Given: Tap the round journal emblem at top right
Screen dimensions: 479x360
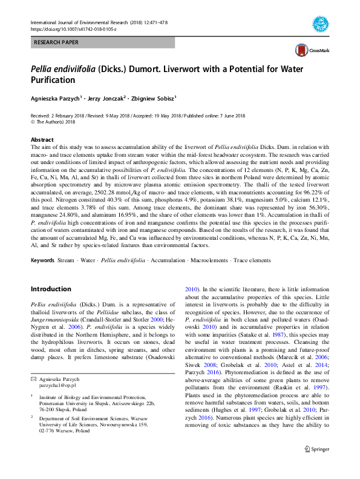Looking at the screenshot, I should (x=320, y=25).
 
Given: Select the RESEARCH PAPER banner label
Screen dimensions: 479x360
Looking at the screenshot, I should (x=56, y=43).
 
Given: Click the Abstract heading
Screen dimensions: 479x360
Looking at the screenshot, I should (x=42, y=139).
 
